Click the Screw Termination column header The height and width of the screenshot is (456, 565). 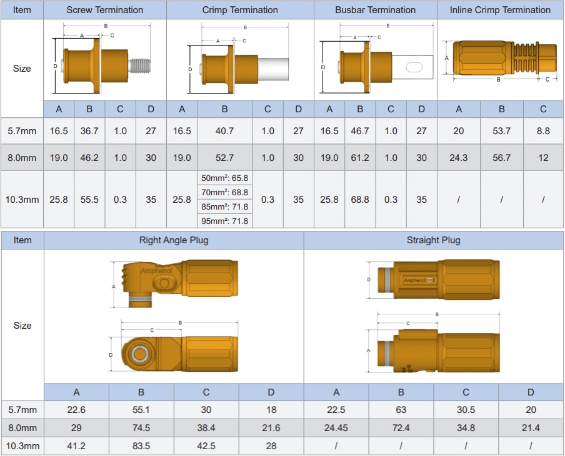[104, 10]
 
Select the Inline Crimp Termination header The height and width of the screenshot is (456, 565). [500, 10]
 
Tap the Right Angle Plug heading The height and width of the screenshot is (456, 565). [174, 240]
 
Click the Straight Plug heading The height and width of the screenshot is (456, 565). [433, 240]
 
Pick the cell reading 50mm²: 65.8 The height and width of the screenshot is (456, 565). [224, 178]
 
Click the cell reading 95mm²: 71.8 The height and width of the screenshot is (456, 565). [224, 221]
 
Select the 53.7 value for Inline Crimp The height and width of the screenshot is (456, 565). [501, 131]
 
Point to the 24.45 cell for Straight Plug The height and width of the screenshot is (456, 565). [336, 428]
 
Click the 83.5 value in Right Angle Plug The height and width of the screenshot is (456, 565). [141, 446]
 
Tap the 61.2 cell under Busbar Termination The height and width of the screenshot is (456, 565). [360, 158]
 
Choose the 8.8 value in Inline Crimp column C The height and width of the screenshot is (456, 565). [543, 131]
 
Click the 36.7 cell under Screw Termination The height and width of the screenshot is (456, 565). [89, 131]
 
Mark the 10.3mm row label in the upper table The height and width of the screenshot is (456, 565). [22, 200]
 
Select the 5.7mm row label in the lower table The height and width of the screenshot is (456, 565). [22, 410]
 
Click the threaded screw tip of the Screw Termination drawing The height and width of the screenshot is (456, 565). [140, 63]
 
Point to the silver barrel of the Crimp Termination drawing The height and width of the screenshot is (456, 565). [272, 69]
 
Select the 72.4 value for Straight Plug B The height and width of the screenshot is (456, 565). [401, 428]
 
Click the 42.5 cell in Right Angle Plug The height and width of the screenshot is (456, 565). [206, 446]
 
